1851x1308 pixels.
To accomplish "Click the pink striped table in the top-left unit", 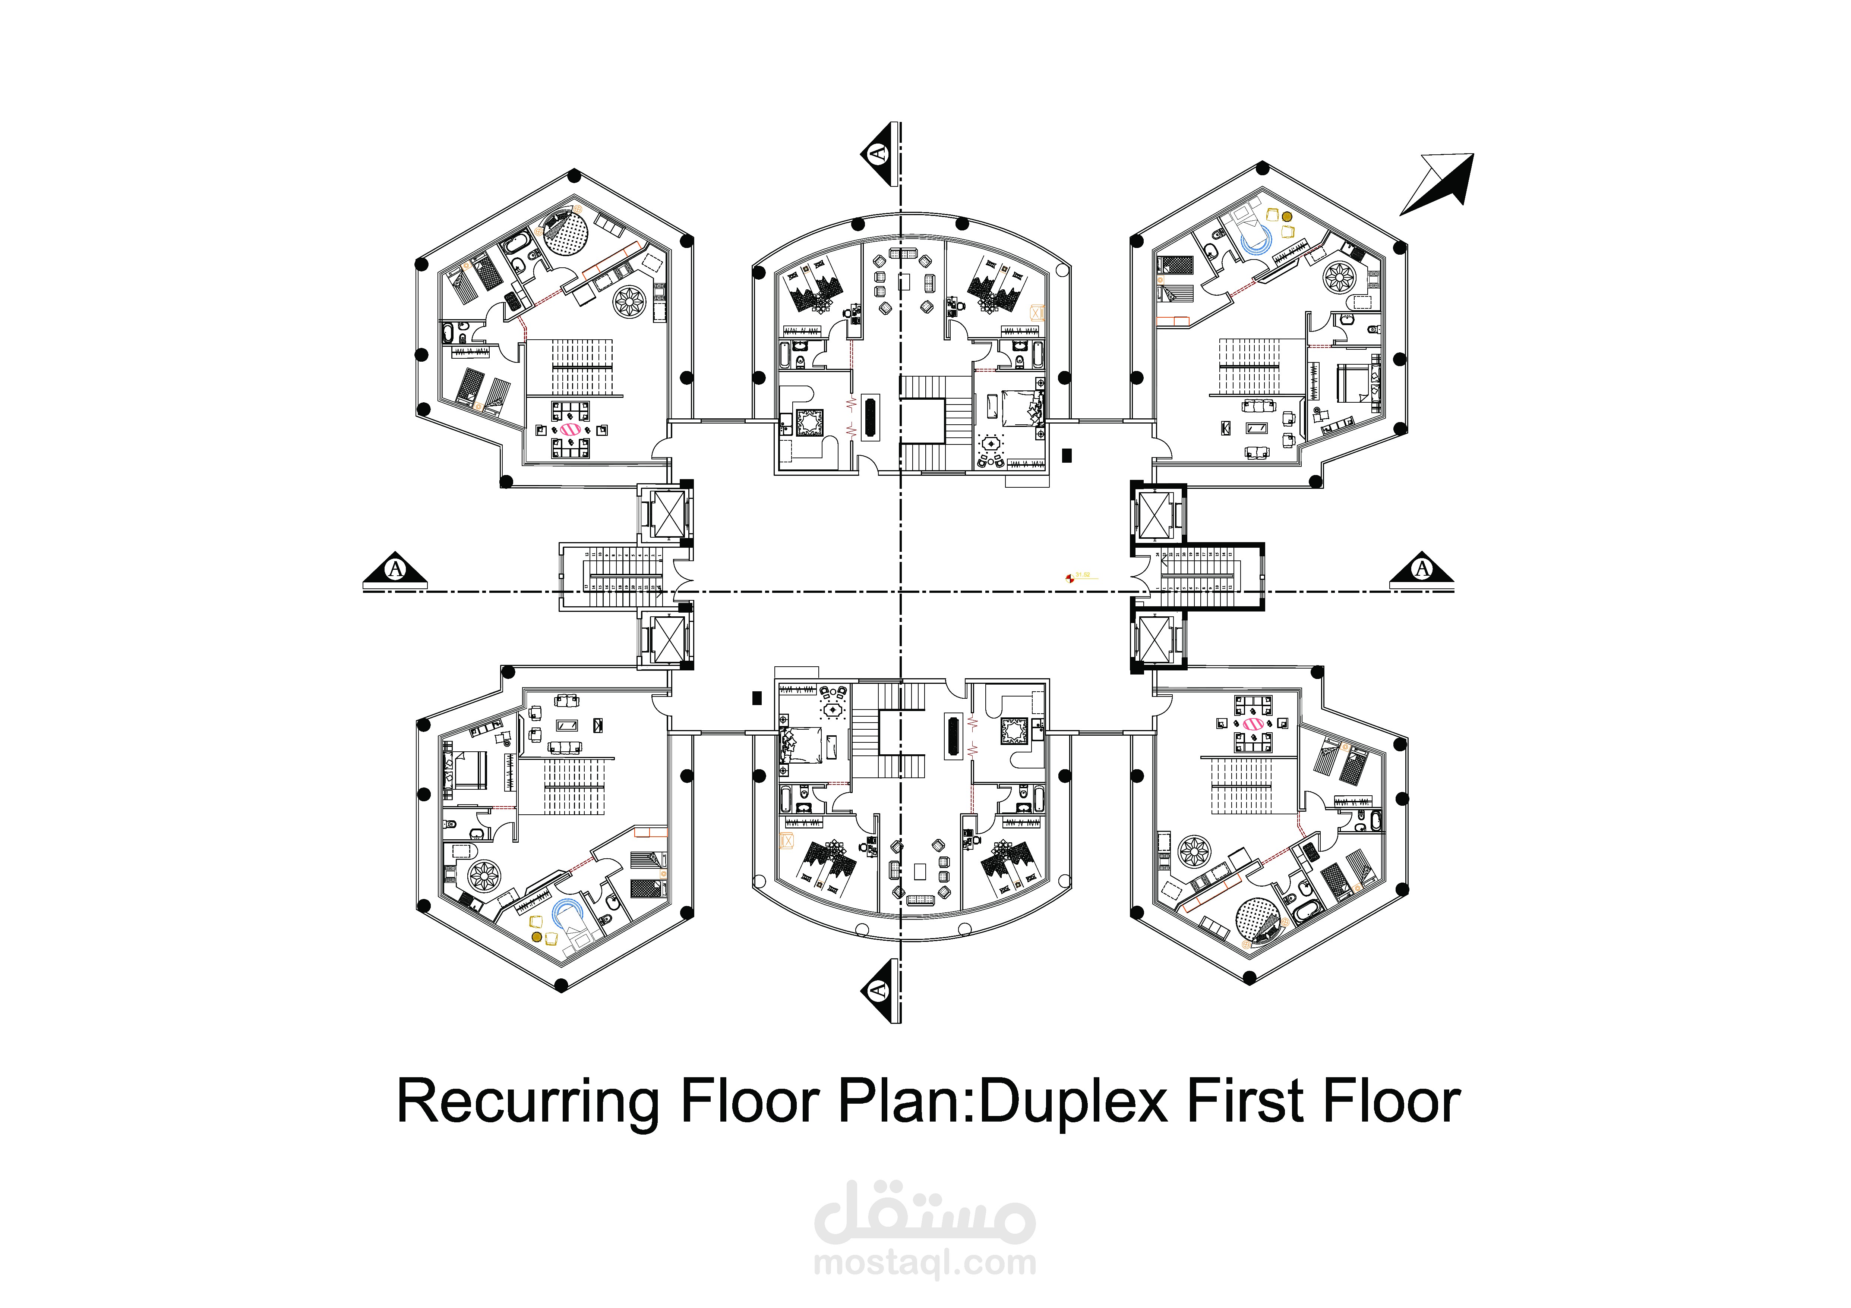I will pyautogui.click(x=570, y=431).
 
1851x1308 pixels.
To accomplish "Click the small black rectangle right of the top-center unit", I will pyautogui.click(x=1067, y=456).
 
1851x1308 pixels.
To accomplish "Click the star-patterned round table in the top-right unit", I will pyautogui.click(x=1339, y=277).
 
